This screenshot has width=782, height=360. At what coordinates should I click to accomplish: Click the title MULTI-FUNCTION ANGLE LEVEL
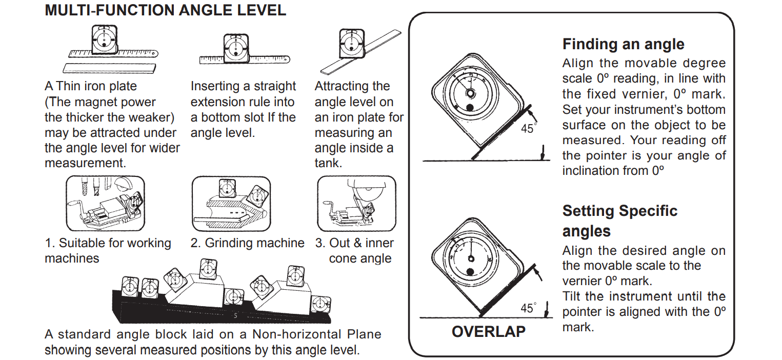165,11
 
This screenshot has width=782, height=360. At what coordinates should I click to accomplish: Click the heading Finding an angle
623,44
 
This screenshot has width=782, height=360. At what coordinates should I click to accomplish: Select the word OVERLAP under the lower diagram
488,332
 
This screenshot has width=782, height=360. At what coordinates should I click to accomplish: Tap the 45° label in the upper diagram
528,129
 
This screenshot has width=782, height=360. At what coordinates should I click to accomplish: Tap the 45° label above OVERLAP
528,308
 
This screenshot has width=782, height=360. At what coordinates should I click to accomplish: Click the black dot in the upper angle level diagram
470,108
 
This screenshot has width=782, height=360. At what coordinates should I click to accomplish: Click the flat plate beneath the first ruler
109,68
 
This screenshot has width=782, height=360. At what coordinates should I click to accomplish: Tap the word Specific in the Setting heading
648,211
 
